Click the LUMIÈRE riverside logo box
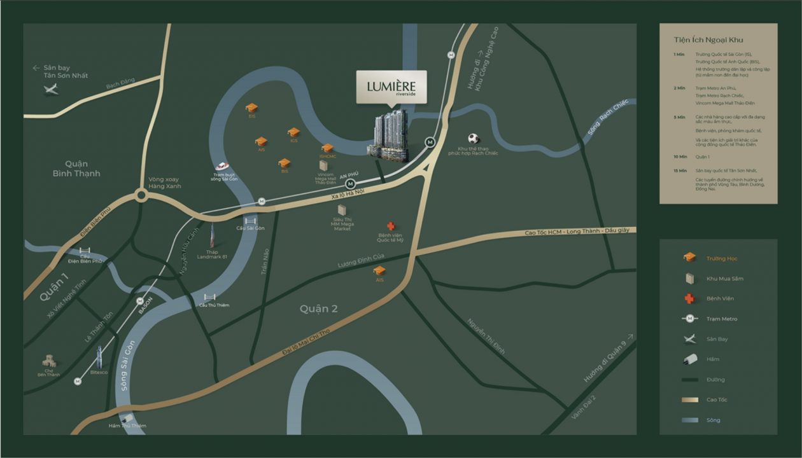[391, 87]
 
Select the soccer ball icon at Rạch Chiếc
[473, 138]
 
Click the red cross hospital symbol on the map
[391, 226]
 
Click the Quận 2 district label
[319, 309]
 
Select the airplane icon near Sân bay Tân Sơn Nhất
[50, 89]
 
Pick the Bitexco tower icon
[99, 356]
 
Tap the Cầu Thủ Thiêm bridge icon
[209, 297]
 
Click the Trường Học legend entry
[722, 258]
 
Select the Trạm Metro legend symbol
[689, 319]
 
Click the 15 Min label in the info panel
[680, 170]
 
